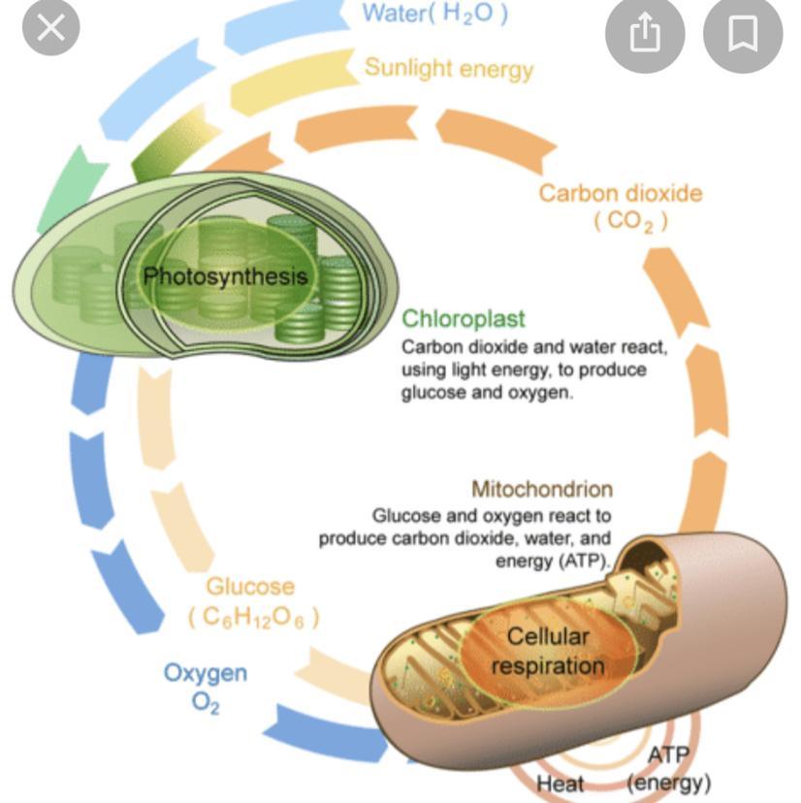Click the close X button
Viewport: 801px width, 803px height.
pyautogui.click(x=51, y=29)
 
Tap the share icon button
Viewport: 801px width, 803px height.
pyautogui.click(x=645, y=34)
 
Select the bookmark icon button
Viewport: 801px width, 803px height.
pyautogui.click(x=742, y=34)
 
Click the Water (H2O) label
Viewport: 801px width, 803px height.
pyautogui.click(x=434, y=14)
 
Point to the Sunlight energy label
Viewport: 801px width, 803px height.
pyautogui.click(x=449, y=69)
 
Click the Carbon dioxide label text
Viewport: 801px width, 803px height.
pyautogui.click(x=621, y=193)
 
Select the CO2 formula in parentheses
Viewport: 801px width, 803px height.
pyautogui.click(x=631, y=221)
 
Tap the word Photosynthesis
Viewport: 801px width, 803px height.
pyautogui.click(x=225, y=276)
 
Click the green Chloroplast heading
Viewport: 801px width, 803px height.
pyautogui.click(x=464, y=319)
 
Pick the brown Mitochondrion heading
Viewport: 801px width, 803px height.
pyautogui.click(x=542, y=489)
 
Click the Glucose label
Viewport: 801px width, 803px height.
pyautogui.click(x=250, y=587)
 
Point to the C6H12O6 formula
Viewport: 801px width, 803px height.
pyautogui.click(x=253, y=617)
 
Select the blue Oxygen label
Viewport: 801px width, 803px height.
pyautogui.click(x=205, y=672)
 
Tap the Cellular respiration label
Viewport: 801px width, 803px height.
pyautogui.click(x=548, y=652)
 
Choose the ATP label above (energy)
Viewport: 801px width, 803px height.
pyautogui.click(x=668, y=755)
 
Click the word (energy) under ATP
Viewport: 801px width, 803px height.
pyautogui.click(x=669, y=782)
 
